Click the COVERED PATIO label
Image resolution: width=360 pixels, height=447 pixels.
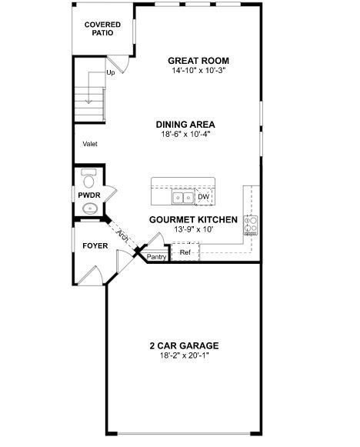[x=102, y=29]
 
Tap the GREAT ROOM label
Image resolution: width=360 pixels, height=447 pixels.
[x=198, y=61]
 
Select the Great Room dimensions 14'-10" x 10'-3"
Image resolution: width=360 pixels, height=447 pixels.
[x=198, y=71]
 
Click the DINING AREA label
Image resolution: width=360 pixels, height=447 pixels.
[x=185, y=124]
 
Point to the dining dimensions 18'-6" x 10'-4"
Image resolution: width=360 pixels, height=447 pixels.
[x=185, y=134]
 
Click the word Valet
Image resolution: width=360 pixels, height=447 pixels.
[x=91, y=144]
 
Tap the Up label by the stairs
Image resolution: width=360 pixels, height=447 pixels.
[x=111, y=74]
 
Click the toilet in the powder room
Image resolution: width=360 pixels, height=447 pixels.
[x=88, y=179]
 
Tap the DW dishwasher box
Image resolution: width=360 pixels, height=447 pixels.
[x=203, y=198]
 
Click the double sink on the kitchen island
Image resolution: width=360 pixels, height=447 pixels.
[x=182, y=198]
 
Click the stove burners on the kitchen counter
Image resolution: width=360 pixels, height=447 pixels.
[x=250, y=224]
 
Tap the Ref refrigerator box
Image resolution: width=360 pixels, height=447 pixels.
[x=185, y=252]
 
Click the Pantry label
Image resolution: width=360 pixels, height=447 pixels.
[x=156, y=257]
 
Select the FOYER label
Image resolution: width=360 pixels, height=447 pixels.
[x=95, y=246]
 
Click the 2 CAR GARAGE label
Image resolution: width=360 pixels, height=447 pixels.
[x=184, y=345]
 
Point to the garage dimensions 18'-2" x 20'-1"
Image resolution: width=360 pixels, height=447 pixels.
[x=184, y=355]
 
